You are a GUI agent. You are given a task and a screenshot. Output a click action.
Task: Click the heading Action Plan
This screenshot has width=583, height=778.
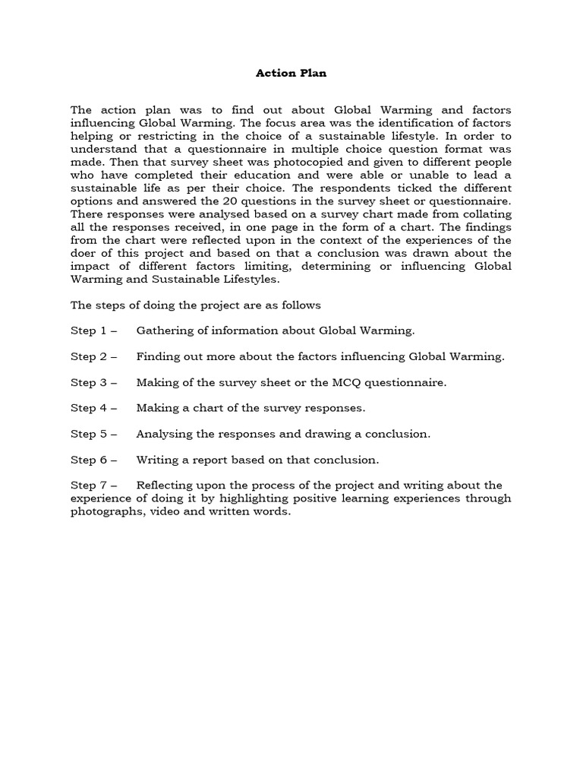coord(291,74)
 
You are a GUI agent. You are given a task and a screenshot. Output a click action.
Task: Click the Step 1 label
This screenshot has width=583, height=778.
coord(90,330)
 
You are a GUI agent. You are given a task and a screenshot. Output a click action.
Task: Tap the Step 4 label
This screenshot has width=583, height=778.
coord(90,408)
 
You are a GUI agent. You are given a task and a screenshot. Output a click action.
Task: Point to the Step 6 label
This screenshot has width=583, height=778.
coord(90,460)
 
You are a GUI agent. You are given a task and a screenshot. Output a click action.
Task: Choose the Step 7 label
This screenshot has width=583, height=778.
coord(90,485)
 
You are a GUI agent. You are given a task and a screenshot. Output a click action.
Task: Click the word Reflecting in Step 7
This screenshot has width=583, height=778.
coord(167,485)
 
